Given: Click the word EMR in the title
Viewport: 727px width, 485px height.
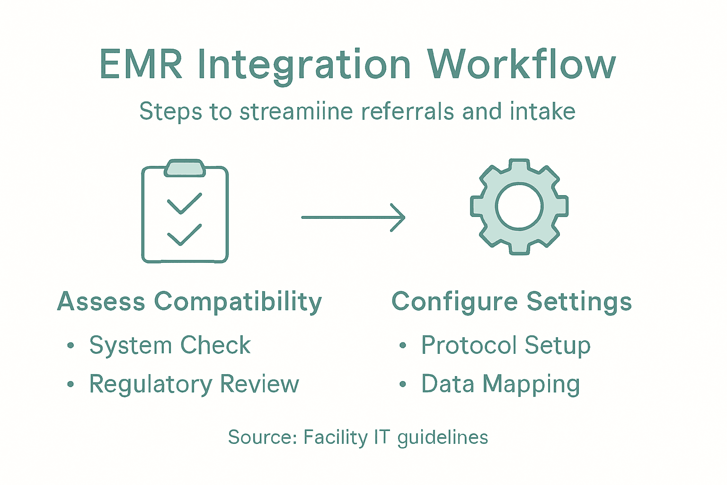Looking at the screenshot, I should (x=141, y=64).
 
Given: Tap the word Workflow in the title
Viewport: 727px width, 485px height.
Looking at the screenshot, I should (x=521, y=64).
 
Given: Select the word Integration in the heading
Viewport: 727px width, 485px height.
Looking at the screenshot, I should (x=304, y=65).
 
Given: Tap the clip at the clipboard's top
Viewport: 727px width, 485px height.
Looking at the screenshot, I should (x=185, y=168).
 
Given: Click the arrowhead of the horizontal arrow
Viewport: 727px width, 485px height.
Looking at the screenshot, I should (x=400, y=217).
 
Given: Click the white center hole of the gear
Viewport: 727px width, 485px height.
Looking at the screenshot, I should (x=519, y=207).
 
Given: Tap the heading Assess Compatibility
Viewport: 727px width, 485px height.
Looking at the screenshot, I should (x=189, y=302).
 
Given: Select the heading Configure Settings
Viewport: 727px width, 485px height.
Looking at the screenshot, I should (x=511, y=302).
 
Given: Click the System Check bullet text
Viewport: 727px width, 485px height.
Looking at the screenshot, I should (x=170, y=345).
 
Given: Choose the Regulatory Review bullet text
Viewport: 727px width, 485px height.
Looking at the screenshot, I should (x=194, y=384).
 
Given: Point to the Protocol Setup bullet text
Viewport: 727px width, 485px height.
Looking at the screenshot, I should (x=505, y=345).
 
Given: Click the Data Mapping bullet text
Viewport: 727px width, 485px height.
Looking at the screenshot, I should (x=500, y=384).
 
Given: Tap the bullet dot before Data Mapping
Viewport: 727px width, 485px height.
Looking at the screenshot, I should (x=402, y=384).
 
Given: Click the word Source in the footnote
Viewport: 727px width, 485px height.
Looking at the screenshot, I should (x=261, y=437).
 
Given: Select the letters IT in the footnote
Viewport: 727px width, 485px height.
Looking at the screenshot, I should (x=381, y=437).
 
